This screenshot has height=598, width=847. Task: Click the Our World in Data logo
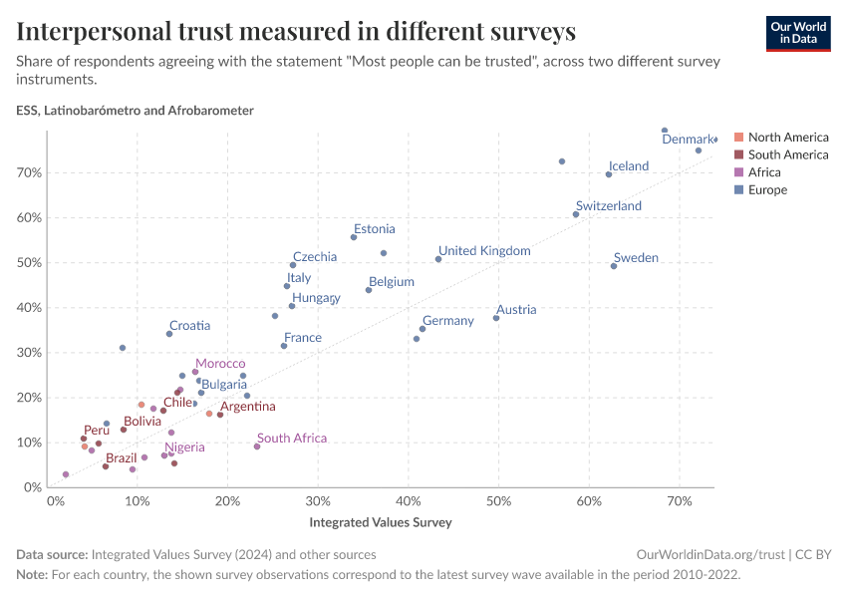pos(797,32)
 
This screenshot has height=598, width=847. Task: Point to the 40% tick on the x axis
pos(409,501)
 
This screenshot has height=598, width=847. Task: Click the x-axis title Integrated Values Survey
pos(381,522)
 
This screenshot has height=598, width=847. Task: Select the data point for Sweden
pos(614,266)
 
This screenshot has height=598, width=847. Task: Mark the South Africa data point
pos(257,447)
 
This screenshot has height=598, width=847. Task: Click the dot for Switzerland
pos(576,214)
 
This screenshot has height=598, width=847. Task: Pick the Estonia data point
pos(354,237)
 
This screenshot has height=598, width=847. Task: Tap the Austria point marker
pos(496,318)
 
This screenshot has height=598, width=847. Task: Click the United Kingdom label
pos(484,250)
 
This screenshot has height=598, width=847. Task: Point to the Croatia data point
pos(169,334)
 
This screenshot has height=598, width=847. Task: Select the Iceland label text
pos(628,166)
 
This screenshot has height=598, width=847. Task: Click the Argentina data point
pos(220,415)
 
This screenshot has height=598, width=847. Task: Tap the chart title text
pos(296,32)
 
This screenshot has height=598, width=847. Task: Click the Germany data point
pos(423,329)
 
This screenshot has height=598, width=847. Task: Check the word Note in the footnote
pos(32,575)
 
